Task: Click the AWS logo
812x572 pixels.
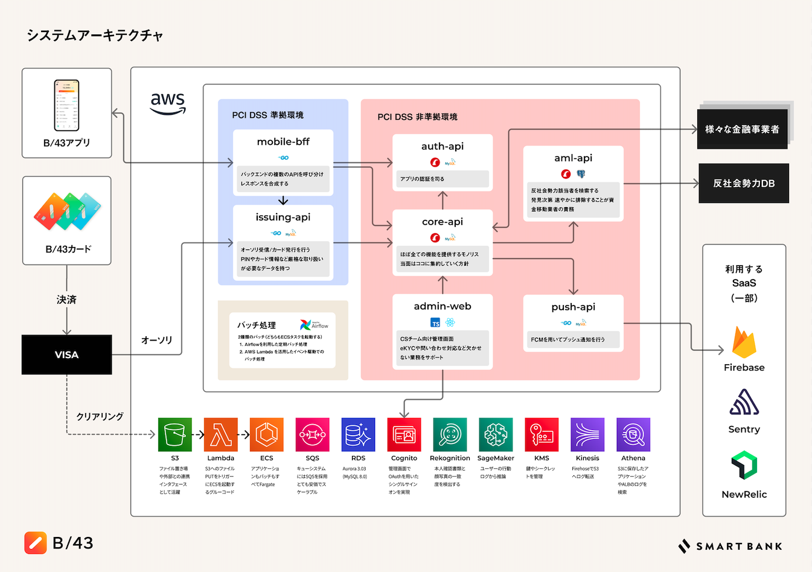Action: pos(167,103)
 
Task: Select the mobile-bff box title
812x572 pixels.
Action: pos(283,142)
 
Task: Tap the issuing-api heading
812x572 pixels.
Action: pos(283,217)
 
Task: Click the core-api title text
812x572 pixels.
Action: pos(443,222)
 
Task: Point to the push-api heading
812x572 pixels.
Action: pos(573,307)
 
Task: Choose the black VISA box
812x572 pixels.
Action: pos(66,355)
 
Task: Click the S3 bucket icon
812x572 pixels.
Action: pos(175,434)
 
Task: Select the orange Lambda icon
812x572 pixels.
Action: pos(221,434)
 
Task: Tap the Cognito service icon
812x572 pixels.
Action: pos(404,434)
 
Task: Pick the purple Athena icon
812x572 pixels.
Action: pos(633,434)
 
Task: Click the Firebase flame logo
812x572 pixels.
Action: pos(744,342)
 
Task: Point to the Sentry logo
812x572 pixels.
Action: pos(744,402)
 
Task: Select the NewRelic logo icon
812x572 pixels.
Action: pos(744,465)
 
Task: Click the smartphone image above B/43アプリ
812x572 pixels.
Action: pos(66,105)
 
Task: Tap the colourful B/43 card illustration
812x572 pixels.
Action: pos(67,211)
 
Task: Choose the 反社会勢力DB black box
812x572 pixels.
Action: pos(744,183)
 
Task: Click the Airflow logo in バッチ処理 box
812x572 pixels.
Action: pos(315,325)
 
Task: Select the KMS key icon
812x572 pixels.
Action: pos(542,434)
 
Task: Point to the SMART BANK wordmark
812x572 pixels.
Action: pos(730,546)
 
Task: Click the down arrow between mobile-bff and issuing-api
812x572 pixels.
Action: pos(283,201)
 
